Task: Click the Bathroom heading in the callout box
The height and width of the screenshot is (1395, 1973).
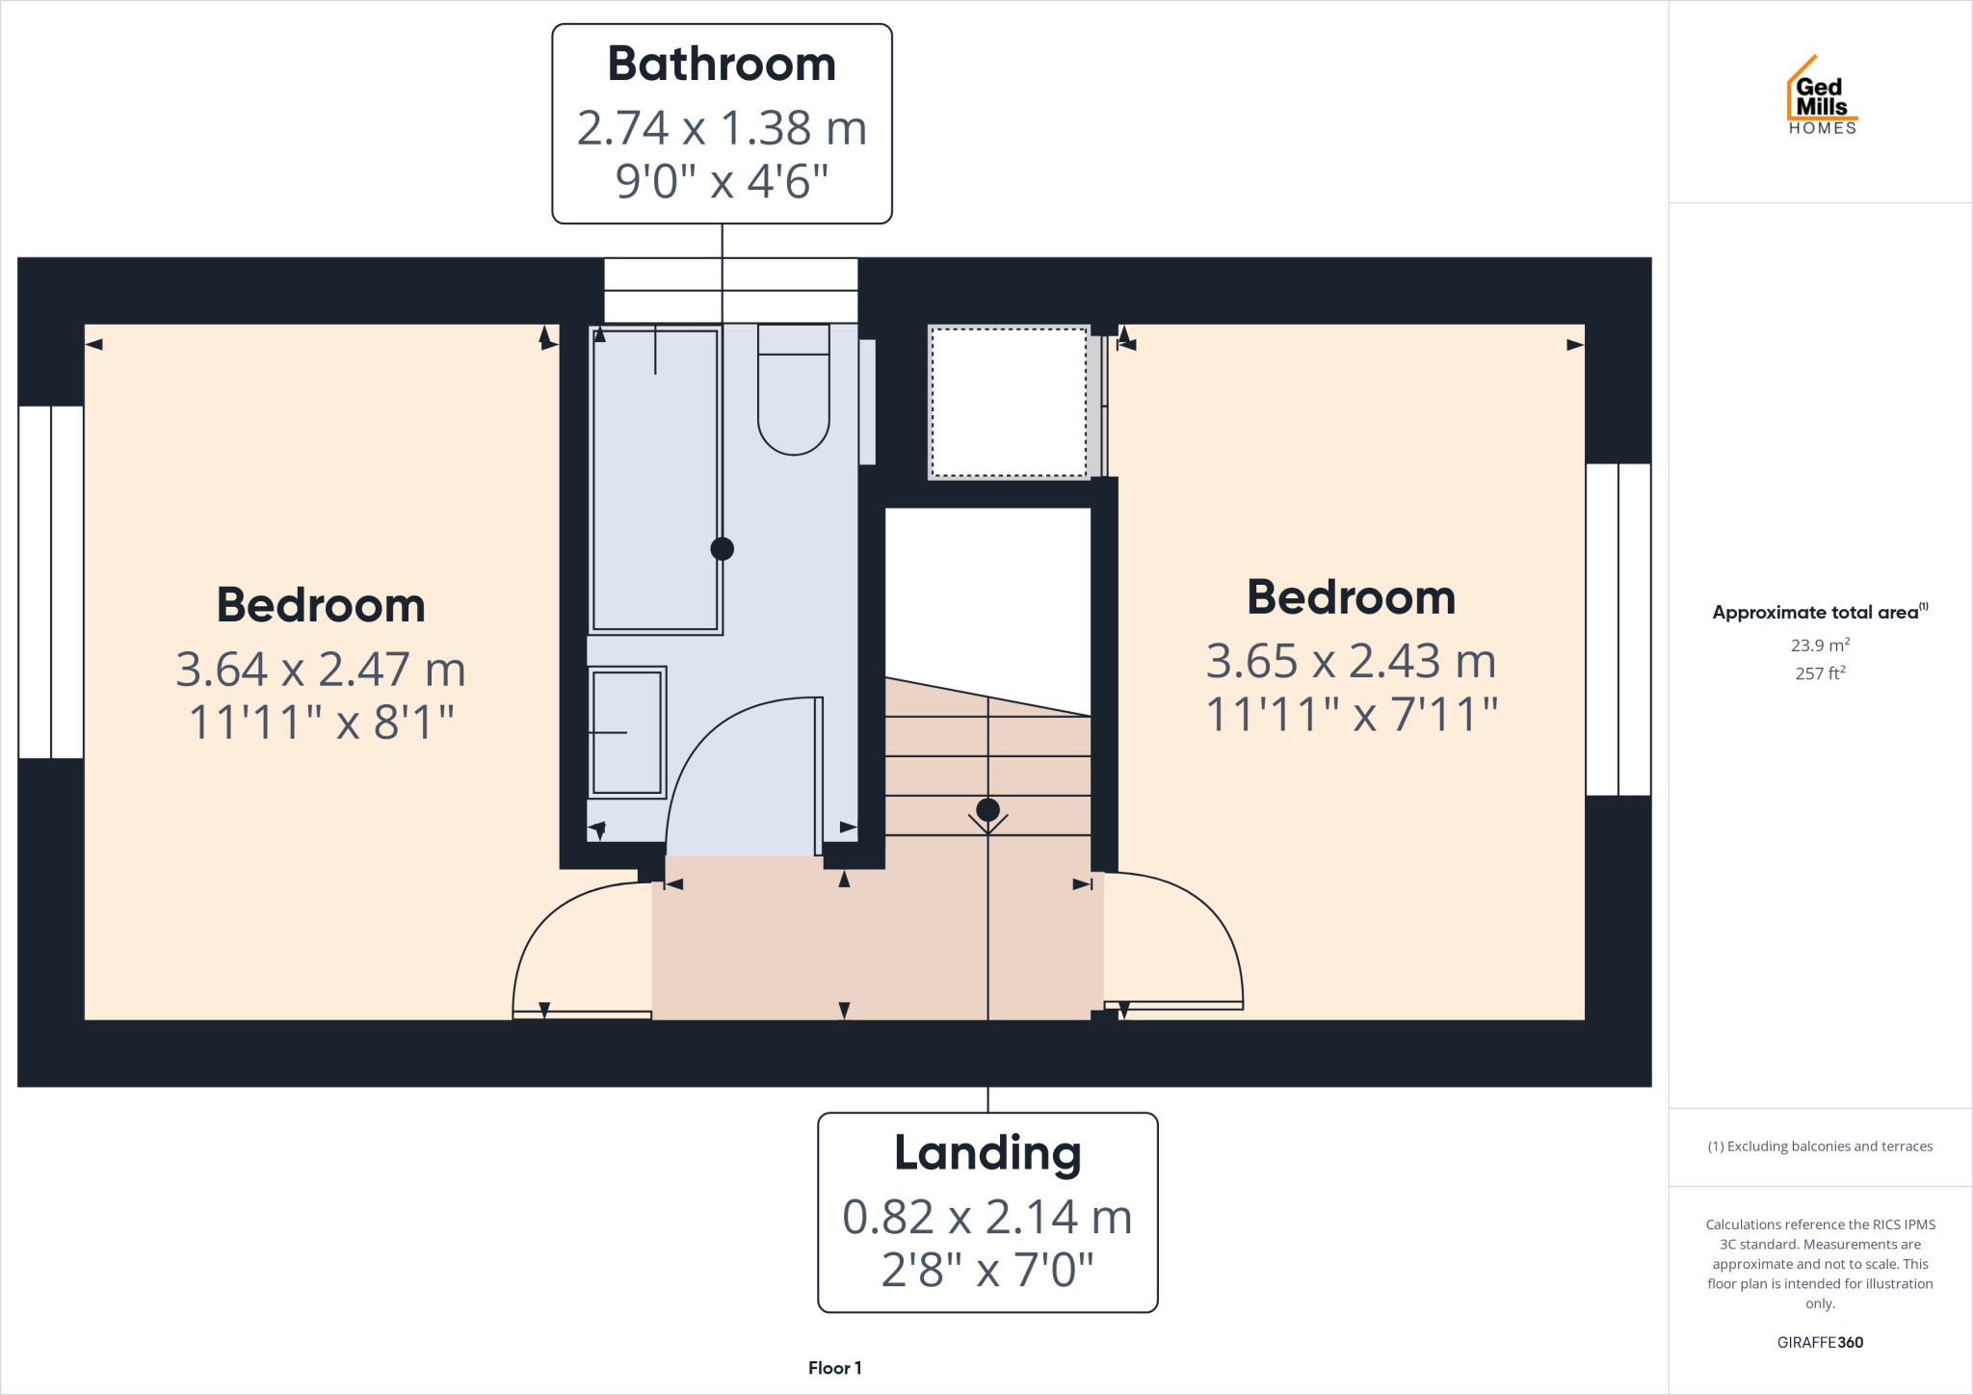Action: (x=722, y=65)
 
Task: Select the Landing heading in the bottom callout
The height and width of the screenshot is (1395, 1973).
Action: (x=987, y=1153)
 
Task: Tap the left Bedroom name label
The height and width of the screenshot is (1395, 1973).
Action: (x=321, y=605)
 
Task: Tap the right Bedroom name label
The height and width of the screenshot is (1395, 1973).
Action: (x=1351, y=597)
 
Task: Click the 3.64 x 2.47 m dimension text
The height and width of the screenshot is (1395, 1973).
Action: (x=321, y=669)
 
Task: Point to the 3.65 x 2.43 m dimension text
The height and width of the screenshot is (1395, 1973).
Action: (x=1351, y=661)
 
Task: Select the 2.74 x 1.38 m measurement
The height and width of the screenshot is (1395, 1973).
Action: (x=722, y=128)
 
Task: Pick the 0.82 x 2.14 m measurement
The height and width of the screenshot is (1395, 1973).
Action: (x=987, y=1217)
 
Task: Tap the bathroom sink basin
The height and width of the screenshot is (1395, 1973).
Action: (x=627, y=732)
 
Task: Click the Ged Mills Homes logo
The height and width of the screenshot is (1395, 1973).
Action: (x=1821, y=96)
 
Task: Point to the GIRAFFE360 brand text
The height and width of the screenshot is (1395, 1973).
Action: (x=1820, y=1342)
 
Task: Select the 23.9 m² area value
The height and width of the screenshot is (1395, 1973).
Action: (x=1820, y=645)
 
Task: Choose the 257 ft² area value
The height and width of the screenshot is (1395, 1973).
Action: (x=1820, y=673)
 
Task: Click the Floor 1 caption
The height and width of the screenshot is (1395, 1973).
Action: (x=834, y=1368)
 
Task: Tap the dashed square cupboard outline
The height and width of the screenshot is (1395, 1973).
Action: (x=1009, y=402)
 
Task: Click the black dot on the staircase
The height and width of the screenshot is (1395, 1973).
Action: (x=987, y=809)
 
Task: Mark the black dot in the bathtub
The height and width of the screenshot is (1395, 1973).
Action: (x=722, y=549)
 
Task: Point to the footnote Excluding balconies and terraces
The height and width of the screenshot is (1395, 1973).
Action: (x=1820, y=1146)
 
